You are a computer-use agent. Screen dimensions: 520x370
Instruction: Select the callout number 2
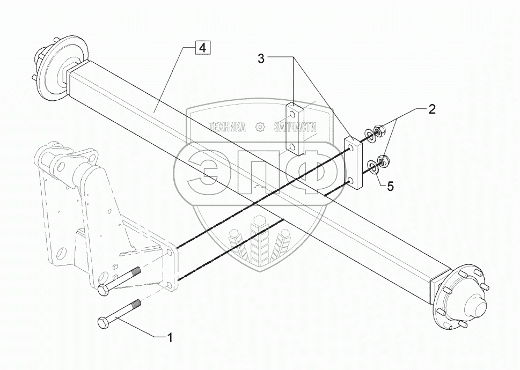[431, 110]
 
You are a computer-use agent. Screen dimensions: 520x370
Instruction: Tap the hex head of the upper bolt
[104, 290]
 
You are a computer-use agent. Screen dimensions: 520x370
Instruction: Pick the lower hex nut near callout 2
[384, 159]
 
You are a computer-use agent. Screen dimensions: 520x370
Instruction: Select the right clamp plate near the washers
[353, 162]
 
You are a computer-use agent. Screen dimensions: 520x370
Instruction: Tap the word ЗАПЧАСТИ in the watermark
[295, 127]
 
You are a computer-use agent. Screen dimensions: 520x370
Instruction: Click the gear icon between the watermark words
[260, 127]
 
